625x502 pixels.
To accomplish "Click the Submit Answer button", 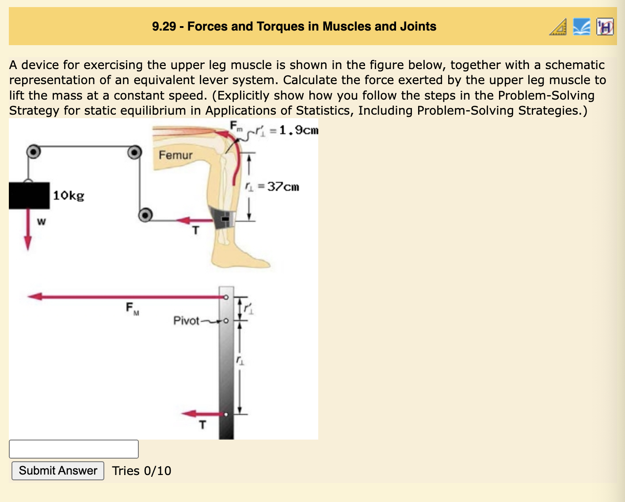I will [58, 471].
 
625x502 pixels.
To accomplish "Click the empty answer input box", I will [74, 449].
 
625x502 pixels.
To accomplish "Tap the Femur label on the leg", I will [175, 155].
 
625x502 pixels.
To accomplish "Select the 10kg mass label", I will [69, 195].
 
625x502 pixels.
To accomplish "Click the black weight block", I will [29, 195].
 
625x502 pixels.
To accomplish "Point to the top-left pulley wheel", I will [33, 152].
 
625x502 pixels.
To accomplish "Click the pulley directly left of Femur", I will [134, 152].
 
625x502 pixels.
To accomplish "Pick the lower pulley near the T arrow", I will [145, 215].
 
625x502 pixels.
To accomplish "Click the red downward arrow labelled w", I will [28, 235].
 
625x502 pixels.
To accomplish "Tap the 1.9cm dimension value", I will [299, 130].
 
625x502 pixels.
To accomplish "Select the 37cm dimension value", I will [283, 187].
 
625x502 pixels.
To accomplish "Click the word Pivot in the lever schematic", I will [186, 321].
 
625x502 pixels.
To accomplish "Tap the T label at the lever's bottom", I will [202, 425].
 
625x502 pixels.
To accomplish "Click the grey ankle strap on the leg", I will [222, 218].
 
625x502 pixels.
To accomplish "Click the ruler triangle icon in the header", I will [558, 27].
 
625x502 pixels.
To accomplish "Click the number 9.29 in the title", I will [164, 27].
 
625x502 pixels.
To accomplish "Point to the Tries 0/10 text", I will [141, 471].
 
